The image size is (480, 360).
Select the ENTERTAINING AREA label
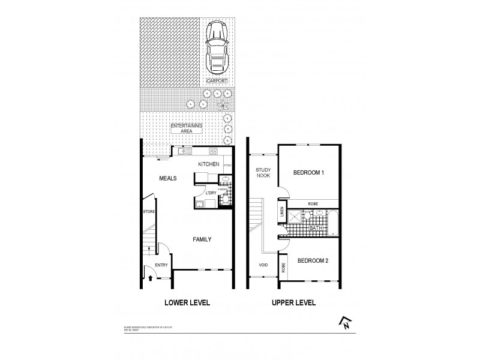click(x=187, y=129)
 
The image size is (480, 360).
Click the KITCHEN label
click(x=209, y=163)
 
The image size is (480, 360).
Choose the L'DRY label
click(x=211, y=193)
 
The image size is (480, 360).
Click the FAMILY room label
click(x=203, y=239)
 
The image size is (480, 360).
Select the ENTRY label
click(x=161, y=265)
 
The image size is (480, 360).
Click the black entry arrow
click(x=149, y=278)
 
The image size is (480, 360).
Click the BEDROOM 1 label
click(x=308, y=173)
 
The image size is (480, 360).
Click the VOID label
click(x=263, y=265)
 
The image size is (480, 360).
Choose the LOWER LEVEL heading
click(x=187, y=303)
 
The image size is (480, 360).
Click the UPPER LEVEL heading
click(x=293, y=303)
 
